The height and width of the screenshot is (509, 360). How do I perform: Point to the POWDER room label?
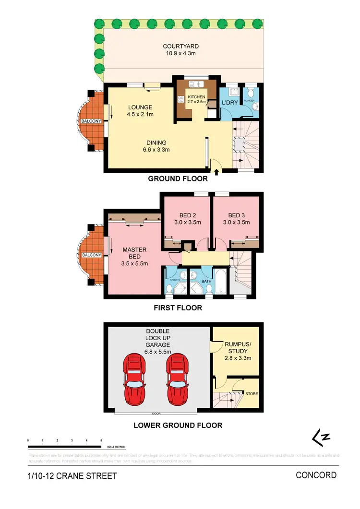click(x=249, y=101)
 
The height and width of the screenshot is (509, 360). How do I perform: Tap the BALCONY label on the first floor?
click(x=90, y=255)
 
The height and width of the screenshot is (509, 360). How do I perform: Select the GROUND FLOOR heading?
click(x=178, y=179)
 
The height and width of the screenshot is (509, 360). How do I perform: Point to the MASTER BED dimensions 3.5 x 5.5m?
click(x=134, y=263)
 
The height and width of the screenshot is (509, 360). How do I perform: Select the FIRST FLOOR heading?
click(x=178, y=308)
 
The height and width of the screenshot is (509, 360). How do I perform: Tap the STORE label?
click(x=252, y=394)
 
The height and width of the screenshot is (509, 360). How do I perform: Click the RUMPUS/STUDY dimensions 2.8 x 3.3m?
click(x=238, y=357)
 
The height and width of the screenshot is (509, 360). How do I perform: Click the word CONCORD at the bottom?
click(x=316, y=475)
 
